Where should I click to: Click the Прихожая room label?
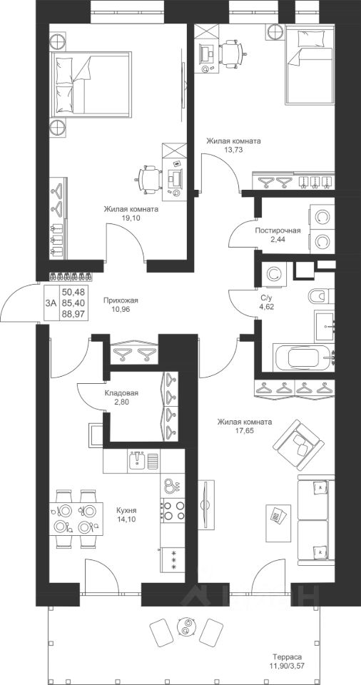[121, 300]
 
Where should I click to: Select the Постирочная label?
[278, 231]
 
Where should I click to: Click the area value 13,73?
[234, 149]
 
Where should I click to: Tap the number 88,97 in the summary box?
[73, 312]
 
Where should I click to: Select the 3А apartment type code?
[50, 302]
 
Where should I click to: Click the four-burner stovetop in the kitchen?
[173, 510]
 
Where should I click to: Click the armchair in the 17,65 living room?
[293, 442]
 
